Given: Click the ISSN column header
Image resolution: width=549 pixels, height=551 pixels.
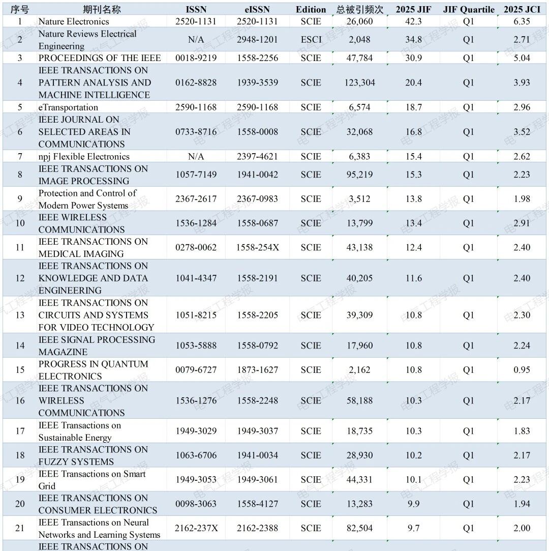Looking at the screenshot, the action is [196, 10].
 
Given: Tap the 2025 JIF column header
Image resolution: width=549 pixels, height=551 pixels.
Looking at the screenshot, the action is [413, 10].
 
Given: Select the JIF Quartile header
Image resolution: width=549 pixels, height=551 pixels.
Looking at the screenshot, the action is [469, 10].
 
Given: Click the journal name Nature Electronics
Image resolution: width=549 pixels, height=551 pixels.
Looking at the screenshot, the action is [74, 21].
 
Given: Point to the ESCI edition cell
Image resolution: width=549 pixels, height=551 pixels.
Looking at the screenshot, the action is [311, 40].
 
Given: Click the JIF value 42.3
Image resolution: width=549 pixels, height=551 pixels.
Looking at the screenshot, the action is [413, 21].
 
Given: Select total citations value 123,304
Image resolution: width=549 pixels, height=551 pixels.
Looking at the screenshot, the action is [360, 82].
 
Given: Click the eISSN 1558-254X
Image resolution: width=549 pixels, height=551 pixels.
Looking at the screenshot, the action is [258, 247].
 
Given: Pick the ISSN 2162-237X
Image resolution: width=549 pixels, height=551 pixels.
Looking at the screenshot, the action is [196, 528].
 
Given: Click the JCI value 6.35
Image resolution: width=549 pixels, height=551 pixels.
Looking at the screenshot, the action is [522, 21].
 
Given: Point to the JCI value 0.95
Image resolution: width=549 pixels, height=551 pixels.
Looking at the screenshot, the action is [522, 370].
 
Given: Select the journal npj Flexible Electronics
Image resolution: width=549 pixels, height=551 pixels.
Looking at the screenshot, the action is [84, 157].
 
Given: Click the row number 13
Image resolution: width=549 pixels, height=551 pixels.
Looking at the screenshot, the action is [20, 315].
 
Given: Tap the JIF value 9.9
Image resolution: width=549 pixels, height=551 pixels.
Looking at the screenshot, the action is [413, 504].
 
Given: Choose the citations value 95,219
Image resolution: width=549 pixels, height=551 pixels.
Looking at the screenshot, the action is [360, 175].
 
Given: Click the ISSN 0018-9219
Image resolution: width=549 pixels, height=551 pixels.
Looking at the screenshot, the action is [196, 58].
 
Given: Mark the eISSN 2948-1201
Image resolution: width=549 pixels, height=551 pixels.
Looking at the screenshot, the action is [257, 40].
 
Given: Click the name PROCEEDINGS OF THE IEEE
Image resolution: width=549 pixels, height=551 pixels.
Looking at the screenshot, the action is [100, 58].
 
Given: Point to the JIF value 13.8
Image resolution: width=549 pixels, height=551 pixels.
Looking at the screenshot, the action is [413, 199].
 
